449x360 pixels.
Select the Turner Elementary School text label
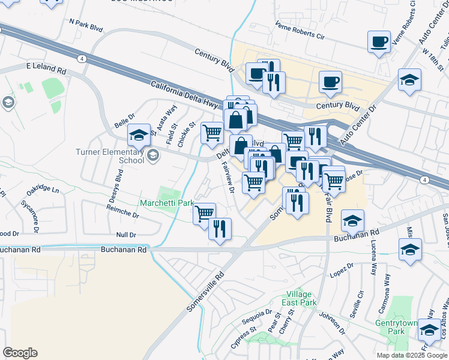pyautogui.click(x=110, y=156)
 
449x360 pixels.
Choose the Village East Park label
pyautogui.click(x=301, y=298)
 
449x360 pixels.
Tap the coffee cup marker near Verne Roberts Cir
pyautogui.click(x=379, y=43)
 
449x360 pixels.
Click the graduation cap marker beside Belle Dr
pyautogui.click(x=139, y=136)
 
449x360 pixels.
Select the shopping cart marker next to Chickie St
pyautogui.click(x=211, y=132)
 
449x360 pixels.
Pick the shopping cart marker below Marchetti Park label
pyautogui.click(x=204, y=212)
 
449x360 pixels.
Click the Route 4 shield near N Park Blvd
pyautogui.click(x=81, y=58)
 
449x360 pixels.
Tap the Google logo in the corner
pyautogui.click(x=20, y=353)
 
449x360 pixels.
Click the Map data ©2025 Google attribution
pyautogui.click(x=411, y=355)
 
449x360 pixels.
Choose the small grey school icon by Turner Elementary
pyautogui.click(x=152, y=156)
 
